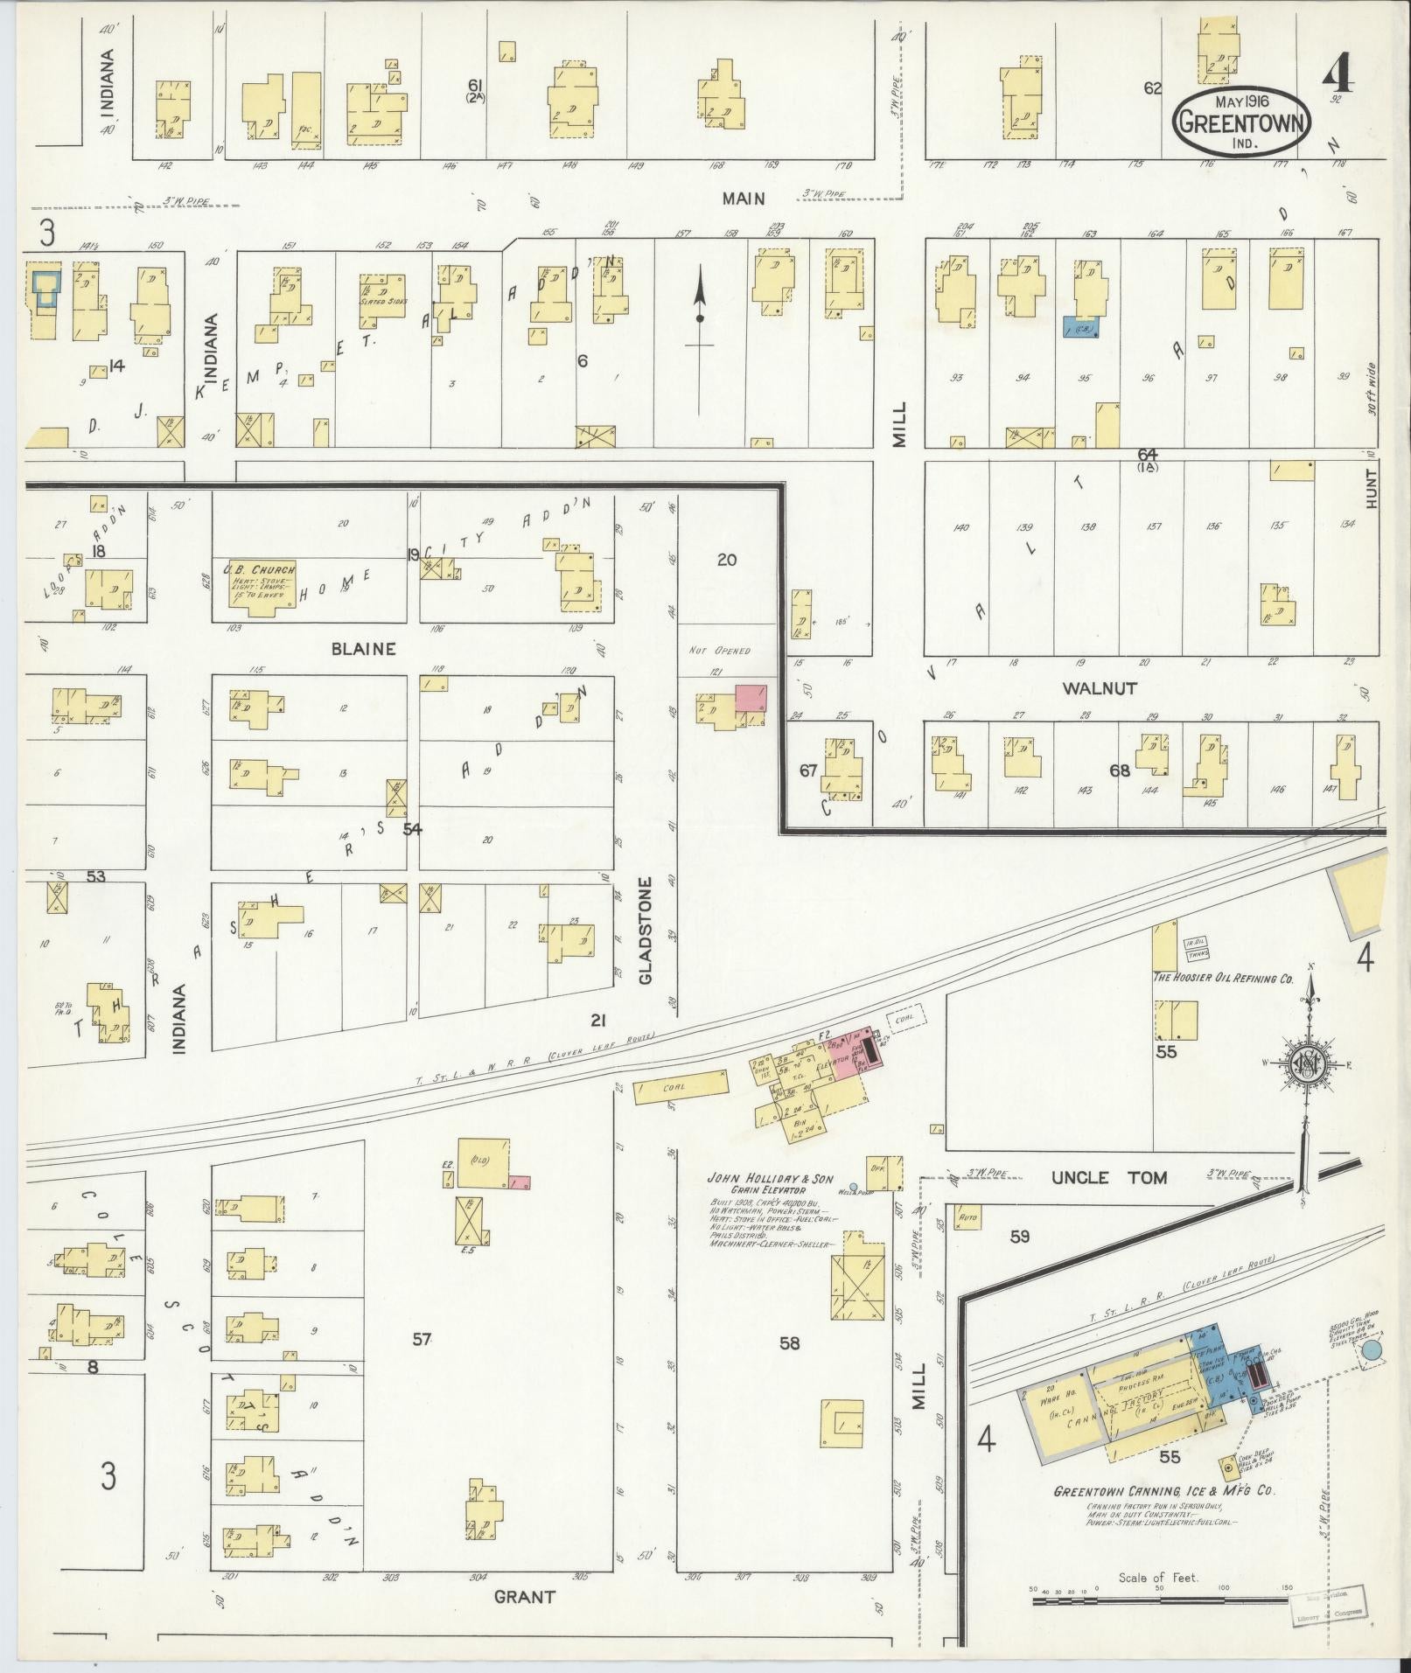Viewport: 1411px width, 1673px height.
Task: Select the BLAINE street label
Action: pyautogui.click(x=363, y=649)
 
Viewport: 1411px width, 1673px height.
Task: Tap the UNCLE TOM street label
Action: pyautogui.click(x=1109, y=1177)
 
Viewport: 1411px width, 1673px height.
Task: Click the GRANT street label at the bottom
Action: pyautogui.click(x=524, y=1596)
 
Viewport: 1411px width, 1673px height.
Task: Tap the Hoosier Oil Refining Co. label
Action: pyautogui.click(x=1223, y=979)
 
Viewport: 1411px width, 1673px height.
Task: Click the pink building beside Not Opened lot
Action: pyautogui.click(x=751, y=698)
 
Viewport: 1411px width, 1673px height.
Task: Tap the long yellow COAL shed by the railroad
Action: pyautogui.click(x=681, y=1088)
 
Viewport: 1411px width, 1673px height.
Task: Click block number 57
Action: pyautogui.click(x=422, y=1339)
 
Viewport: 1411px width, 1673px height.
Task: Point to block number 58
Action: pyautogui.click(x=789, y=1342)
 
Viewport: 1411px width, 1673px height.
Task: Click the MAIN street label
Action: pyautogui.click(x=744, y=199)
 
